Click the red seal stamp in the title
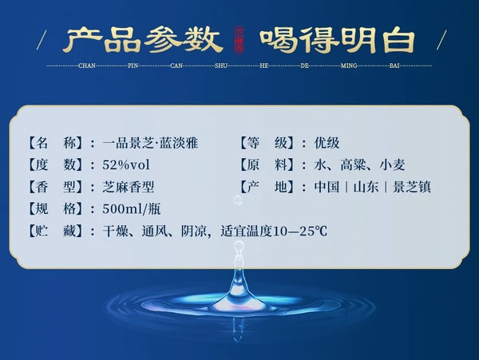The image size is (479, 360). pos(239,40)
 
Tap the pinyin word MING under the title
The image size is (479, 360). pos(349,65)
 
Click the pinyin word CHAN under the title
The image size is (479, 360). pos(87,65)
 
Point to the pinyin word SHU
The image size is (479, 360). pos(221,65)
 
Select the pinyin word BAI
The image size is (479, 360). pos(394,65)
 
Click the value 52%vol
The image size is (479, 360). pos(126,165)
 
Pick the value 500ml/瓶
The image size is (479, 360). pos(132,209)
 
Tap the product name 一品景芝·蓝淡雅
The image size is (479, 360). pos(150,143)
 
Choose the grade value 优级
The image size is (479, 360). pos(327,143)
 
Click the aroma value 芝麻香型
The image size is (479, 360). pos(129,187)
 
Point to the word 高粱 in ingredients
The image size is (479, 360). pos(353,165)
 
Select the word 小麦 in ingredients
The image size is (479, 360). pos(392,165)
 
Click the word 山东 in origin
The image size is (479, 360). pos(366,187)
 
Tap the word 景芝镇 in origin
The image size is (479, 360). pos(412,187)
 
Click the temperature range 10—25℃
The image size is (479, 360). pos(299,231)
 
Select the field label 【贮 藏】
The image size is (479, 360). pos(56,231)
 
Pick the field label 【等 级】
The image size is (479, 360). pos(267,143)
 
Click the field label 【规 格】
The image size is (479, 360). pos(56,209)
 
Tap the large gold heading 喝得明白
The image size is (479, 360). pos(338,40)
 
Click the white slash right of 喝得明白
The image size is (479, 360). pos(441,40)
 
